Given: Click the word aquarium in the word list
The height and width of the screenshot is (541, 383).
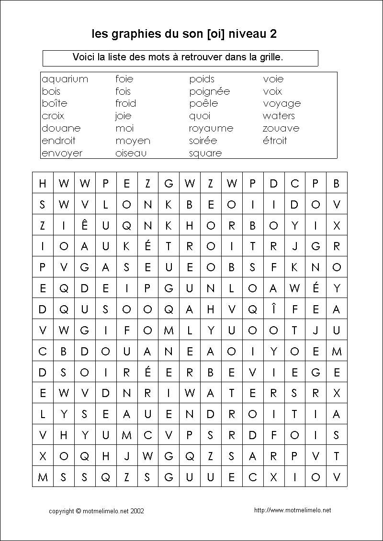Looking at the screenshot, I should pyautogui.click(x=65, y=79).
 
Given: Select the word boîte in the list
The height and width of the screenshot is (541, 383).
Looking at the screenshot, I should pyautogui.click(x=54, y=103).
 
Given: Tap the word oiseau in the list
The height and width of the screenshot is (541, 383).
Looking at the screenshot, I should pyautogui.click(x=131, y=153).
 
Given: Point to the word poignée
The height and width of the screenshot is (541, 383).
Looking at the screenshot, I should pyautogui.click(x=209, y=91).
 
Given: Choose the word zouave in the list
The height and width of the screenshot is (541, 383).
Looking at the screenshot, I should pyautogui.click(x=281, y=128).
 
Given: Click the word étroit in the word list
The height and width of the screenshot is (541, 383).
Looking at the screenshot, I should pyautogui.click(x=274, y=141).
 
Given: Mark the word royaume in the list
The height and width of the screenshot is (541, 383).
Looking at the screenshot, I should pyautogui.click(x=211, y=128).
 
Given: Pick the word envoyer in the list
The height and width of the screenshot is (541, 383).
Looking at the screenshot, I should pyautogui.click(x=62, y=153).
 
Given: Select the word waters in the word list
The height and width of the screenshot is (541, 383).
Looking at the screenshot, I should pyautogui.click(x=279, y=116).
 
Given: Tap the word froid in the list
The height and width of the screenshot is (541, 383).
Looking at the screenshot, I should pyautogui.click(x=125, y=103).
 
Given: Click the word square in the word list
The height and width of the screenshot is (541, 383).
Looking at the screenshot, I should pyautogui.click(x=205, y=153).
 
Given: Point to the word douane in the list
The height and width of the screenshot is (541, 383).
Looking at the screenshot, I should pyautogui.click(x=61, y=128).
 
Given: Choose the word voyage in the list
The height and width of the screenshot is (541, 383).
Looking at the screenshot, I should pyautogui.click(x=282, y=104).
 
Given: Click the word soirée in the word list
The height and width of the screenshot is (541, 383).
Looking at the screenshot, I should pyautogui.click(x=203, y=141).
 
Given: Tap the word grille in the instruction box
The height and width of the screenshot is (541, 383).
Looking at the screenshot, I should pyautogui.click(x=270, y=57).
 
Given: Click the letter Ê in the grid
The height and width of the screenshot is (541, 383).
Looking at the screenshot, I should pyautogui.click(x=85, y=225).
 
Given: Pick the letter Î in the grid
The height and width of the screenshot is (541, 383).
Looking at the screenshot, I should pyautogui.click(x=273, y=309).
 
